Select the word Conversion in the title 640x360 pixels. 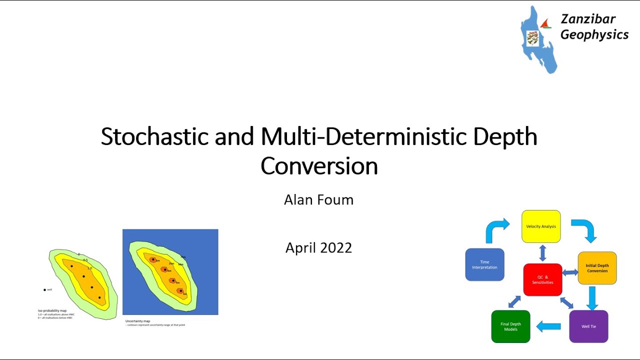pyautogui.click(x=319, y=166)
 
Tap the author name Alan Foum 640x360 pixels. pyautogui.click(x=318, y=200)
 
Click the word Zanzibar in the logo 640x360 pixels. pyautogui.click(x=588, y=19)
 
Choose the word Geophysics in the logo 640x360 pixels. pyautogui.click(x=594, y=34)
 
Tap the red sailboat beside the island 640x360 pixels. pyautogui.click(x=546, y=23)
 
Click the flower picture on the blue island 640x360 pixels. pyautogui.click(x=532, y=38)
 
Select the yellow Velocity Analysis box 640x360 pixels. pyautogui.click(x=541, y=226)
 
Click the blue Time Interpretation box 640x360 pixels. pyautogui.click(x=484, y=264)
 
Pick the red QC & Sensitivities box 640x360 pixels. pyautogui.click(x=542, y=279)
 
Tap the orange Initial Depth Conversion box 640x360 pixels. pyautogui.click(x=597, y=268)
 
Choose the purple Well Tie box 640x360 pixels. pyautogui.click(x=588, y=326)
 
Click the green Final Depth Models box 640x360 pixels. pyautogui.click(x=510, y=326)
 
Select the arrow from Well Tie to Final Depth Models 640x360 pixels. pyautogui.click(x=548, y=326)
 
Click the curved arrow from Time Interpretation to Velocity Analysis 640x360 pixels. pyautogui.click(x=496, y=229)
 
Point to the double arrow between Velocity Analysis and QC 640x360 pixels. pyautogui.click(x=542, y=253)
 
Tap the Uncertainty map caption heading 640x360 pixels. pyautogui.click(x=137, y=321)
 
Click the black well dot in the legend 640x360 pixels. pyautogui.click(x=44, y=289)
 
